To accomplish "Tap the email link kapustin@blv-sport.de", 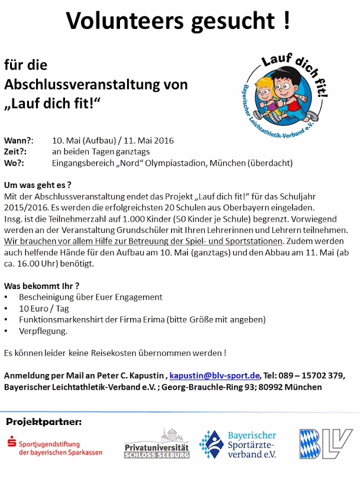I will pyautogui.click(x=215, y=375).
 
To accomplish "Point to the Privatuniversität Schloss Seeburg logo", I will pyautogui.click(x=157, y=444).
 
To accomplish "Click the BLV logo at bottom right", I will pyautogui.click(x=325, y=445).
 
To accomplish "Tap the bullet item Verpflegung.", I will pyautogui.click(x=43, y=331).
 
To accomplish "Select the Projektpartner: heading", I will pyautogui.click(x=44, y=421).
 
